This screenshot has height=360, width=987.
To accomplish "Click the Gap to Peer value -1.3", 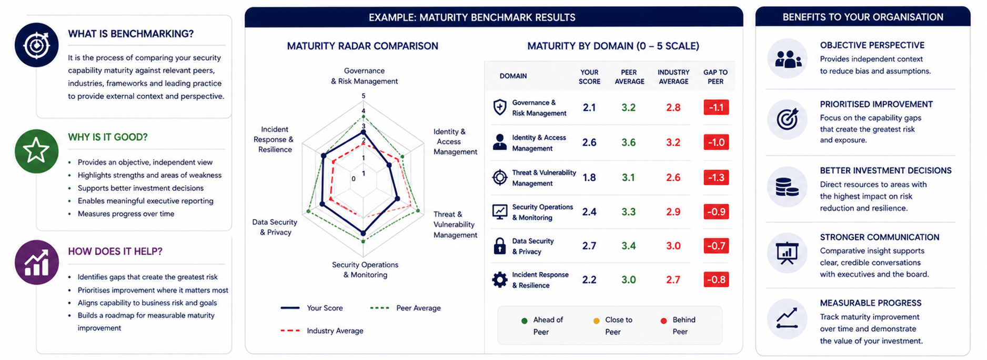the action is pyautogui.click(x=716, y=177).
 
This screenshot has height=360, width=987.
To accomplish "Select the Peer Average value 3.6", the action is pyautogui.click(x=629, y=143).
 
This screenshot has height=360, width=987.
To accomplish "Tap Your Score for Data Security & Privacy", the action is pyautogui.click(x=589, y=246).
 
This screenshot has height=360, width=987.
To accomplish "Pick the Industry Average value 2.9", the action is pyautogui.click(x=673, y=212).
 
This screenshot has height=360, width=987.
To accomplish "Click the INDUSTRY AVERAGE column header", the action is pyautogui.click(x=673, y=77).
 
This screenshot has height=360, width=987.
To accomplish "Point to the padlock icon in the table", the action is pyautogui.click(x=499, y=246).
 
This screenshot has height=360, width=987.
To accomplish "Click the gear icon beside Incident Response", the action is pyautogui.click(x=499, y=279).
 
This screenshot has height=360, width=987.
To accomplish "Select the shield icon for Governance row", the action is pyautogui.click(x=499, y=107).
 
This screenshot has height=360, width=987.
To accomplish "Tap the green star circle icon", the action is pyautogui.click(x=36, y=151).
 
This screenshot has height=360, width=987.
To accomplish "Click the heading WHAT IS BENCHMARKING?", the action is pyautogui.click(x=130, y=34).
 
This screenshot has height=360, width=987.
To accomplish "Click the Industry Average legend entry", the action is pyautogui.click(x=322, y=331).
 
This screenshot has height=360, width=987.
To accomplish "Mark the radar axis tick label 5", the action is pyautogui.click(x=364, y=96).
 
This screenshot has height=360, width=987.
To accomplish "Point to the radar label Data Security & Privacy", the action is pyautogui.click(x=275, y=227).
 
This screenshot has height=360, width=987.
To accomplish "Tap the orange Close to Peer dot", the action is pyautogui.click(x=596, y=321).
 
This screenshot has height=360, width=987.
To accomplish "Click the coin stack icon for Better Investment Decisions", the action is pyautogui.click(x=787, y=187).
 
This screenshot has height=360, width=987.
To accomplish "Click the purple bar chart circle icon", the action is pyautogui.click(x=36, y=262).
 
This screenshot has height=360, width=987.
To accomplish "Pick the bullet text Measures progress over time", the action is pyautogui.click(x=126, y=214).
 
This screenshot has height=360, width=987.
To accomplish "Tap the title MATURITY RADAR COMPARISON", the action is pyautogui.click(x=362, y=46).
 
